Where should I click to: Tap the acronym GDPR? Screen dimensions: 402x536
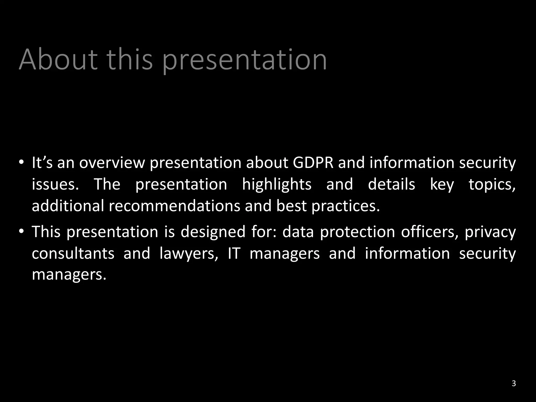[x=313, y=163]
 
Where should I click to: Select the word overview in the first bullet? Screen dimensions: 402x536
[x=112, y=163]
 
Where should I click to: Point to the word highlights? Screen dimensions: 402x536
[x=277, y=184]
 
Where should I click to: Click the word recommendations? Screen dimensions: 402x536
[x=174, y=206]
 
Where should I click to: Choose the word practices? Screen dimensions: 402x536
[x=345, y=206]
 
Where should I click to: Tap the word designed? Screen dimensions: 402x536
[x=213, y=232]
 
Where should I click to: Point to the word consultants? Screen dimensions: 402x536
[x=73, y=253]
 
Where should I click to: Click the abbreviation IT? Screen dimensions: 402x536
[x=234, y=253]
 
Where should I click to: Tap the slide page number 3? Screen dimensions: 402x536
[x=513, y=384]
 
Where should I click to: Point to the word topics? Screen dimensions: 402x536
[x=492, y=185]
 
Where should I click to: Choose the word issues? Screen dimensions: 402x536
[x=55, y=184]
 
